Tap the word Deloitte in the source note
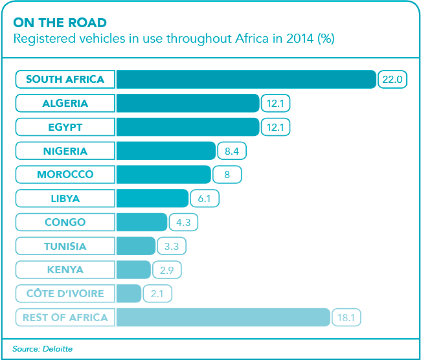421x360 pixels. (x=58, y=349)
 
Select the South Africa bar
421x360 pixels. (x=246, y=80)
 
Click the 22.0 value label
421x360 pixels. (x=393, y=80)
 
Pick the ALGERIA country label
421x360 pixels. (x=65, y=104)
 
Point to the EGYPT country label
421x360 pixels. (x=65, y=127)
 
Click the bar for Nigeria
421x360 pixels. (x=166, y=151)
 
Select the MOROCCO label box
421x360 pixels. (x=65, y=175)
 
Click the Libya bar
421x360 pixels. (x=152, y=199)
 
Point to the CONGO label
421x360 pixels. (x=65, y=222)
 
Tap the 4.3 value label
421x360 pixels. (x=183, y=222)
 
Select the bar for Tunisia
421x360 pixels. (x=136, y=246)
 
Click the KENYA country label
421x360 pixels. (x=65, y=270)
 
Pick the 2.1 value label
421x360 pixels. (x=157, y=294)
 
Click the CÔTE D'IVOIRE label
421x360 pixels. (x=65, y=294)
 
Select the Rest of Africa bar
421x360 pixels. (x=223, y=318)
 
